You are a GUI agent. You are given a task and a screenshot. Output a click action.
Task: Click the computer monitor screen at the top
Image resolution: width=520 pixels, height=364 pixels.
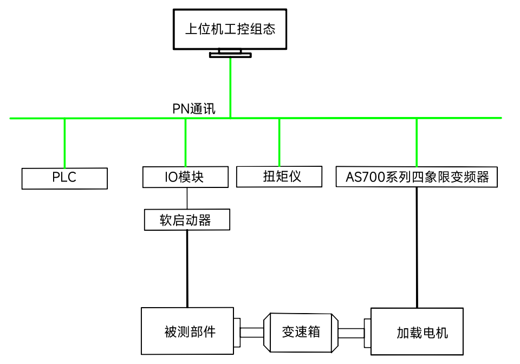[x=230, y=29]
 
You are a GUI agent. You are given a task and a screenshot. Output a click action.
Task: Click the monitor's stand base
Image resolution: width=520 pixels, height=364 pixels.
[x=230, y=55]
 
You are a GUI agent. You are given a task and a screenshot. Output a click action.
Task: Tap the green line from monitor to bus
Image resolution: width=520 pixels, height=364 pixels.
[x=231, y=87]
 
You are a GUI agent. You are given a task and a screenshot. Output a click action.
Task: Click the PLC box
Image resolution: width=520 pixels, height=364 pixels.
[x=64, y=178]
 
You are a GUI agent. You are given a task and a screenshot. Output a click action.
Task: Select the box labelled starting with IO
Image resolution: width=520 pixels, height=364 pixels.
[x=185, y=177]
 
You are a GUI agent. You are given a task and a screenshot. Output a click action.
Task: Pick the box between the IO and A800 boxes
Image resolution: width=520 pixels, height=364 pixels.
[x=279, y=177]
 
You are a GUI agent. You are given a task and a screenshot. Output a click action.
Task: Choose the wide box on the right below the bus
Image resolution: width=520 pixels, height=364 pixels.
[x=416, y=177]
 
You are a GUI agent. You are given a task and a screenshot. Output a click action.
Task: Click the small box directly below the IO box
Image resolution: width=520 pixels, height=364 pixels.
[x=187, y=219]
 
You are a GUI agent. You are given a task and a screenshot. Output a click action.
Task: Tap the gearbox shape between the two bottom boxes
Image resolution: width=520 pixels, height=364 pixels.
[x=301, y=331]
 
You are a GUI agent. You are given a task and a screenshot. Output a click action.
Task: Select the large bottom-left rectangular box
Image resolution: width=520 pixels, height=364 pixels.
[x=187, y=331]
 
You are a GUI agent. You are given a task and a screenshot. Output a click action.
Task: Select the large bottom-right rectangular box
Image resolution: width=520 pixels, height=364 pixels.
[x=417, y=331]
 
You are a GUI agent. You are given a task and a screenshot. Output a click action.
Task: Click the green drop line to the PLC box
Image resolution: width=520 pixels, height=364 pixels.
[x=65, y=143]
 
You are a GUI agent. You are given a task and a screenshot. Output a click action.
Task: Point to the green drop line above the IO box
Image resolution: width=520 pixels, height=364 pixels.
[x=186, y=142]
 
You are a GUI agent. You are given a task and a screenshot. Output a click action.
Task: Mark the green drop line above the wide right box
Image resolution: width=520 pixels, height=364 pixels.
[x=417, y=142]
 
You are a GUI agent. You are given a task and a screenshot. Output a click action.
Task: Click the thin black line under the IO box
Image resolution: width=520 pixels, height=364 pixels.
[x=187, y=198]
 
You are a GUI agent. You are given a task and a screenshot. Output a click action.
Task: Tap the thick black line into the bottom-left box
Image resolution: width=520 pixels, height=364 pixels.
[x=187, y=269]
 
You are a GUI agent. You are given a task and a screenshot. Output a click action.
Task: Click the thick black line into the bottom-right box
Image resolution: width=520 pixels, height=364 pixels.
[x=417, y=247]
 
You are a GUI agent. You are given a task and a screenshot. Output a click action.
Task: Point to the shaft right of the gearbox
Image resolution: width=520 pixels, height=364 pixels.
[x=351, y=333]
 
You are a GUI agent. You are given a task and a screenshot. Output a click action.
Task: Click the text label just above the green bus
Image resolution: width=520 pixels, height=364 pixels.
[x=194, y=109]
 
